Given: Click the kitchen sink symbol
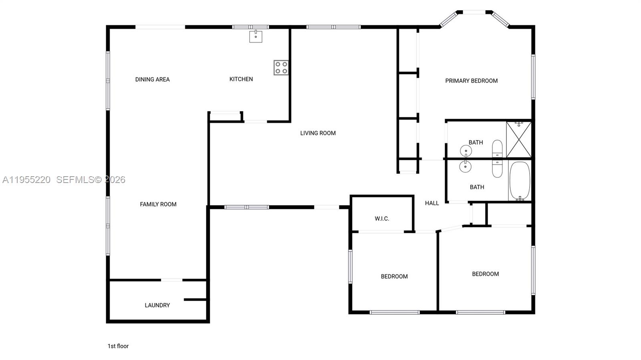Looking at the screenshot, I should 256,36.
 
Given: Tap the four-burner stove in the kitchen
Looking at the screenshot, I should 281,68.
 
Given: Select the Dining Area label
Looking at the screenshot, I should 152,79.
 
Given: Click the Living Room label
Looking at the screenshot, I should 318,133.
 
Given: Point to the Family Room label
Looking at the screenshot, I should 158,204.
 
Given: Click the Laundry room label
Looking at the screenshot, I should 157,305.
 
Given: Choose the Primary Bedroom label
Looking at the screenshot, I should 471,80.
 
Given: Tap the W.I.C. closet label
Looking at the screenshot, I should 382,219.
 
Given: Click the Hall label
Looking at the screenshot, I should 431,203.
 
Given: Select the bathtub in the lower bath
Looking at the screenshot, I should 520,181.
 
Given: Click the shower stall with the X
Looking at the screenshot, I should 519,139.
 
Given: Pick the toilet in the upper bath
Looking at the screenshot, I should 497,149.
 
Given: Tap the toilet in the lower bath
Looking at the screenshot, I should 497,169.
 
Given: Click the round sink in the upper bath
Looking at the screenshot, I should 466,151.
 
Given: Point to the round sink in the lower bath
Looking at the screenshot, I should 465,167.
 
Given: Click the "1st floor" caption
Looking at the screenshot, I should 118,346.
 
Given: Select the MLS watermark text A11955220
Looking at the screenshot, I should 26,180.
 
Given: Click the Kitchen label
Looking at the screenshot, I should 241,79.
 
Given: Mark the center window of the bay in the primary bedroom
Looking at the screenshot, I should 474,12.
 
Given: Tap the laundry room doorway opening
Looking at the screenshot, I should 171,280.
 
